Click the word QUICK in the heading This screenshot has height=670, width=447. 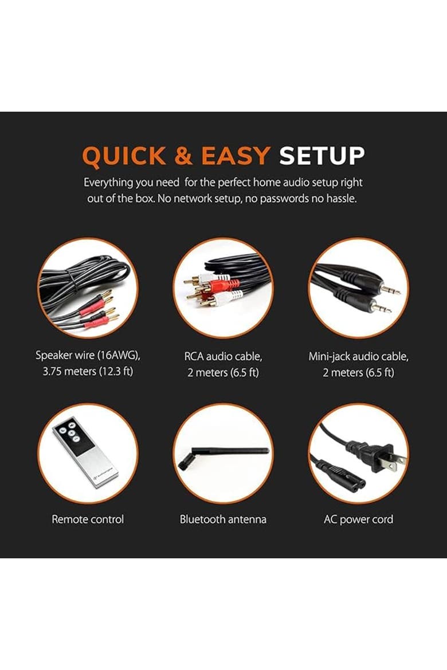click(x=124, y=156)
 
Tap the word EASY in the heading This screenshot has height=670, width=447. click(x=236, y=156)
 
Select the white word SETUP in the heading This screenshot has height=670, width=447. click(x=322, y=156)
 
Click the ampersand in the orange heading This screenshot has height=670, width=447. click(x=183, y=156)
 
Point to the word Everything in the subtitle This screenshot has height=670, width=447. click(x=108, y=183)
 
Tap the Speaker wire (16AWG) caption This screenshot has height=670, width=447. click(x=88, y=356)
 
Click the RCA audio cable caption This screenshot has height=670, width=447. click(x=223, y=356)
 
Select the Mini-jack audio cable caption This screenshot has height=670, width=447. click(x=358, y=356)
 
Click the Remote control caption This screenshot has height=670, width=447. click(x=88, y=519)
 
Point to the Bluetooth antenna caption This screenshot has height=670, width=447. click(x=223, y=519)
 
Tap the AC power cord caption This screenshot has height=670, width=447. click(x=358, y=519)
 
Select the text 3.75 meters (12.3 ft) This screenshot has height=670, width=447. click(x=88, y=371)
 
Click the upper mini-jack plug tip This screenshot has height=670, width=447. click(x=398, y=293)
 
